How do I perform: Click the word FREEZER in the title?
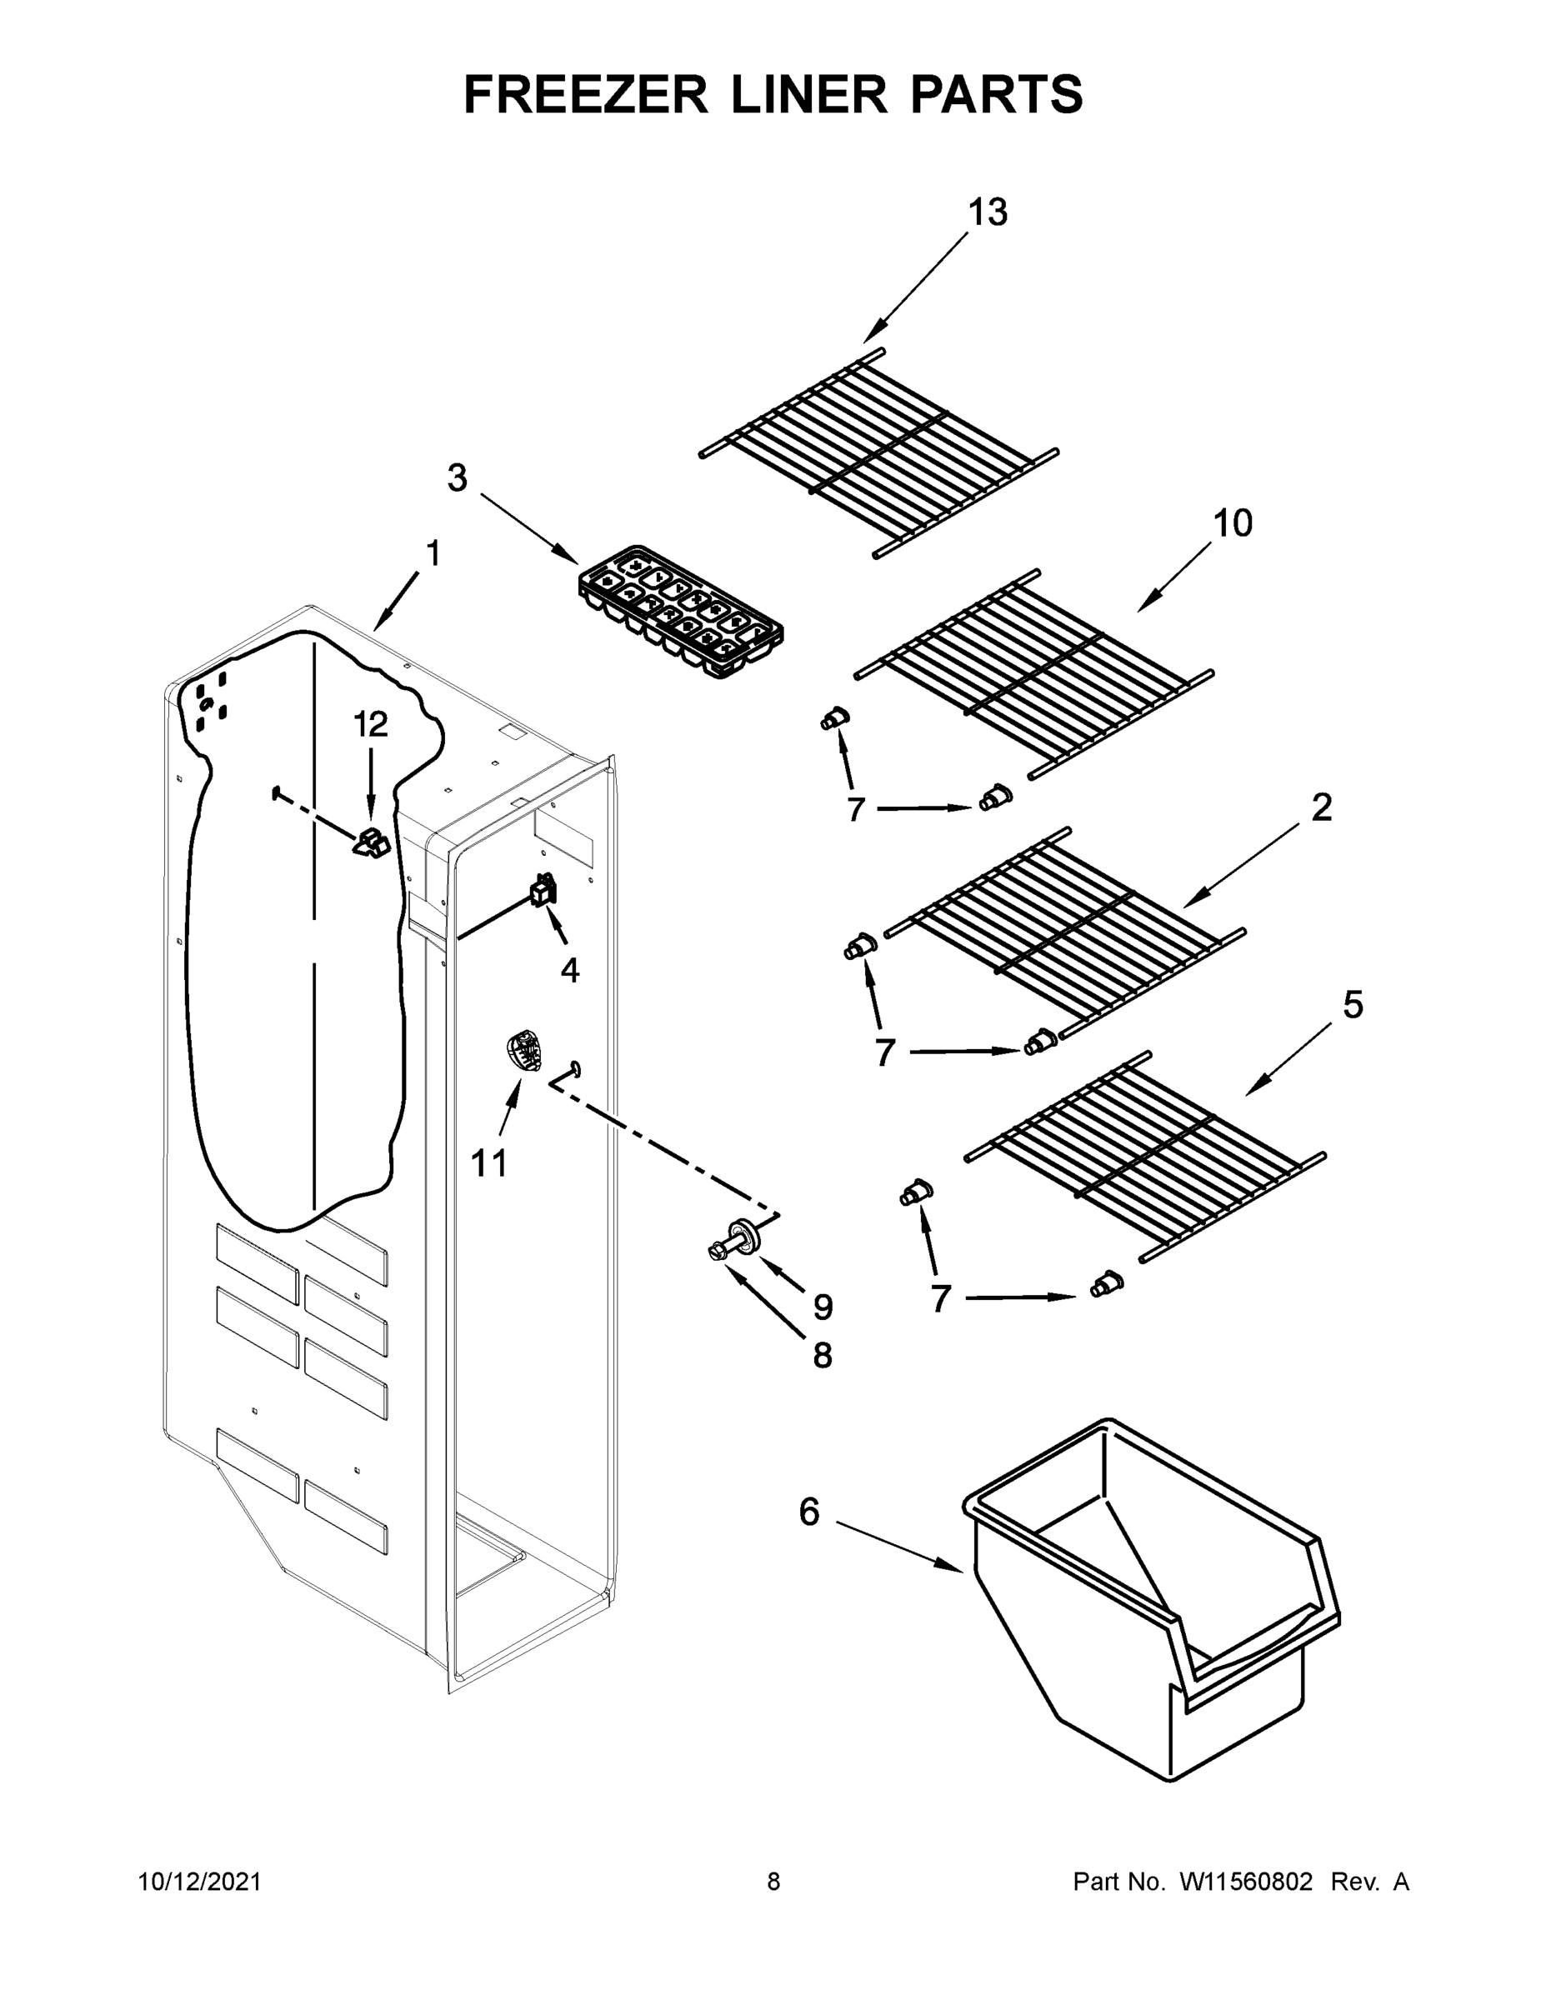pyautogui.click(x=585, y=94)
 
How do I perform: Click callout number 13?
pyautogui.click(x=988, y=212)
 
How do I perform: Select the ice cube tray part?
pyautogui.click(x=682, y=612)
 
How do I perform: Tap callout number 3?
pyautogui.click(x=457, y=478)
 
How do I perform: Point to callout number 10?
pyautogui.click(x=1232, y=524)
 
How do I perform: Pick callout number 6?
pyautogui.click(x=808, y=1512)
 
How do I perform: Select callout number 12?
pyautogui.click(x=371, y=724)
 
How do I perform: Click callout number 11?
pyautogui.click(x=488, y=1164)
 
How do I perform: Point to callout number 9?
pyautogui.click(x=823, y=1307)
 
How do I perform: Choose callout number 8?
pyautogui.click(x=823, y=1356)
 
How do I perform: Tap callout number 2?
pyautogui.click(x=1321, y=807)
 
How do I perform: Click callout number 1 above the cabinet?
pyautogui.click(x=433, y=554)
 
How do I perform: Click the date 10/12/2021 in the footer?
pyautogui.click(x=200, y=1882)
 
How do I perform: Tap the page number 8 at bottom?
pyautogui.click(x=773, y=1882)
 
